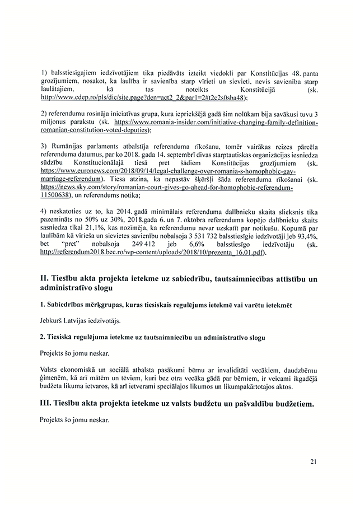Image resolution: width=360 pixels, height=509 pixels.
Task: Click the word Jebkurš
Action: [54, 320]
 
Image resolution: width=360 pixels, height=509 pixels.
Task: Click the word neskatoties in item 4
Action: [69, 211]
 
